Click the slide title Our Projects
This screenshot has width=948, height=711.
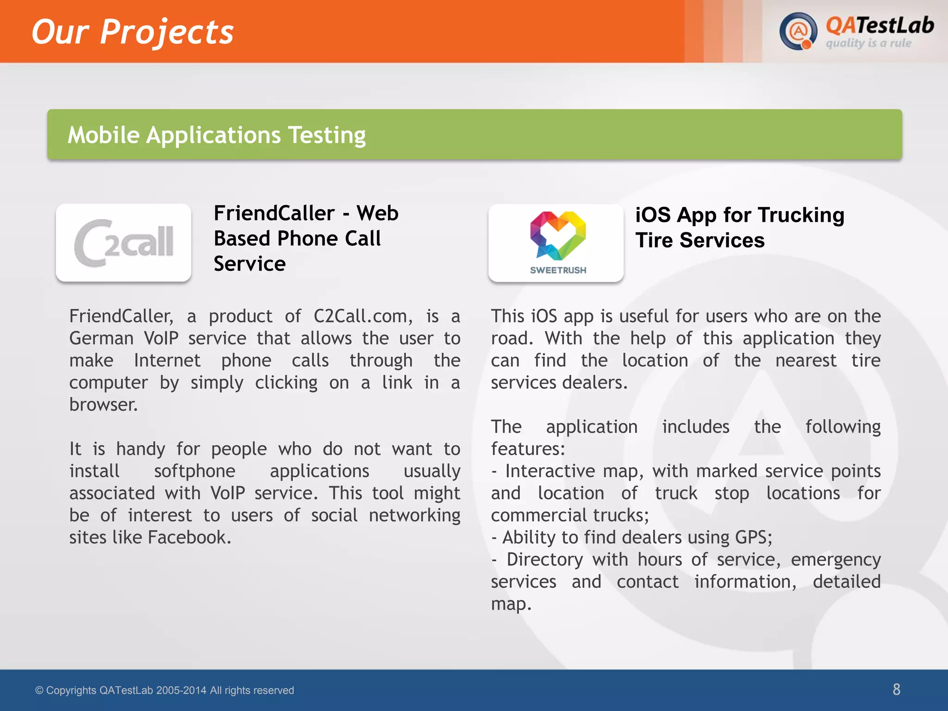(132, 32)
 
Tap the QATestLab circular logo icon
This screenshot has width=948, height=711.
(798, 31)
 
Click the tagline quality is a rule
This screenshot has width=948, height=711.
(868, 44)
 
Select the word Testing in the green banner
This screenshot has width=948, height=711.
(327, 135)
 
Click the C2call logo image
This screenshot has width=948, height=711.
(124, 243)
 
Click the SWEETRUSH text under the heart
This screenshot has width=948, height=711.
(558, 270)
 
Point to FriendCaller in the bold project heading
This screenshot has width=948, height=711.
(274, 214)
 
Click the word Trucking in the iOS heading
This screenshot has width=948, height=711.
(801, 216)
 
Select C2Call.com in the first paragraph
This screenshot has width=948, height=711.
(363, 317)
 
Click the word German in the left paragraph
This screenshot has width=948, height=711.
(101, 338)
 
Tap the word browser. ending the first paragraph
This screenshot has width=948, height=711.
(104, 405)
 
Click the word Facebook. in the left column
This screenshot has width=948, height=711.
(189, 538)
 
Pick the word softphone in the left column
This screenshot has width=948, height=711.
(194, 471)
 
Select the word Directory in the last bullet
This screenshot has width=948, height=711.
(545, 560)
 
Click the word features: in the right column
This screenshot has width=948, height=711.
(528, 449)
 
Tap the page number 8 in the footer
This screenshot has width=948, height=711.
(896, 690)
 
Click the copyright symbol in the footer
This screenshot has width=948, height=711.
(39, 691)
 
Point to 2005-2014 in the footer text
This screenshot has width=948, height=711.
(181, 691)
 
